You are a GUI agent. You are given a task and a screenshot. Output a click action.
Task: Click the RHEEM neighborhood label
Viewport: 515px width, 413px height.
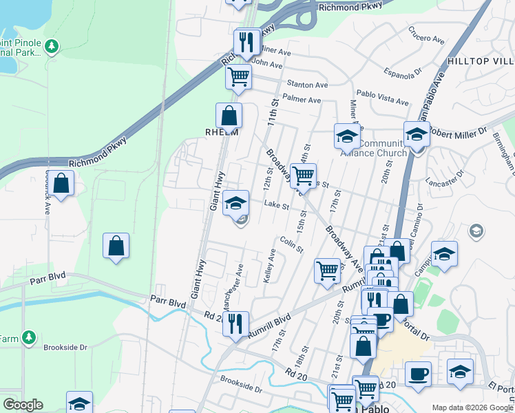221,132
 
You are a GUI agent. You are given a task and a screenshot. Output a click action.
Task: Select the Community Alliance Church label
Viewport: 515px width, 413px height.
383,148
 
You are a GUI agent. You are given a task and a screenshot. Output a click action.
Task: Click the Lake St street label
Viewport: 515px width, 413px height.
274,204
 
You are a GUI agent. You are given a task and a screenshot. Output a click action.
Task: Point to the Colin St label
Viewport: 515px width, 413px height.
292,244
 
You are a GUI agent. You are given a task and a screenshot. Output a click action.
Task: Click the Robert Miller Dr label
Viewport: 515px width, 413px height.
458,129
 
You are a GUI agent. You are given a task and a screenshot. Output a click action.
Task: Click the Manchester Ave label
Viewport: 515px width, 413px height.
230,287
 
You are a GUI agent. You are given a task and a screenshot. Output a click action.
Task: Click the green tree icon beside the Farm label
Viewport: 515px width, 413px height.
28,337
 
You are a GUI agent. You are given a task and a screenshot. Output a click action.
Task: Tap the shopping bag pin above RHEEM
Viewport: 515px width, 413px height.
229,115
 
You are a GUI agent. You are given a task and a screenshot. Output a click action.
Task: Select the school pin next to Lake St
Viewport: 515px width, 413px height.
235,203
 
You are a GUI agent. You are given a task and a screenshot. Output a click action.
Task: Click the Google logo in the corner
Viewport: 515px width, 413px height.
23,405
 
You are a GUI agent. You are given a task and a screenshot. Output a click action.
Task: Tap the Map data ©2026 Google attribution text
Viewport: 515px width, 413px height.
472,407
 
